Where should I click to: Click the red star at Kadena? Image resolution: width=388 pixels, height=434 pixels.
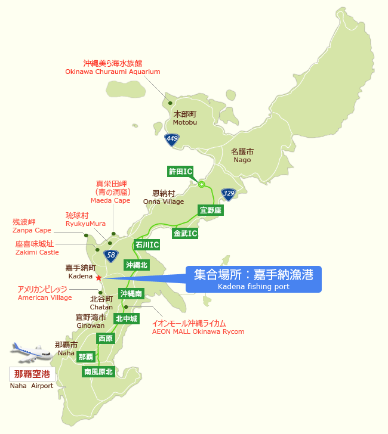coord(98,277)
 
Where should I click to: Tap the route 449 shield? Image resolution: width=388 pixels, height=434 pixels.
coord(172,139)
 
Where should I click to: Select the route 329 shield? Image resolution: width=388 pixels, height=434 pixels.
coord(228,193)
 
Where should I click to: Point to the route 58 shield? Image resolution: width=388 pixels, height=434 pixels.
coord(110,256)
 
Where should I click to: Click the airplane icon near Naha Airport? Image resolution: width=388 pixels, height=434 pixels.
coord(32,352)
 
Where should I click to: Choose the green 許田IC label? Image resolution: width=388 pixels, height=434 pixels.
coord(180,172)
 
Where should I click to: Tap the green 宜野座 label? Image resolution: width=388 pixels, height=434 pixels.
coord(211,210)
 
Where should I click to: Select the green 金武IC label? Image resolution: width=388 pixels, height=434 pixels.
coord(185,233)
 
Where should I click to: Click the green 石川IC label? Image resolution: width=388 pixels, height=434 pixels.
coord(147,244)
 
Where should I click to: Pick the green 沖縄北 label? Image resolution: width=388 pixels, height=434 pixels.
coord(136,264)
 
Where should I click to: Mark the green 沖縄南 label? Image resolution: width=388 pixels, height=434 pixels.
coord(131,294)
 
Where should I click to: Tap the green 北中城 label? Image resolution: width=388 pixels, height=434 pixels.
coord(126,319)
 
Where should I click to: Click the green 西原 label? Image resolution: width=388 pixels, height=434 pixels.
coord(106,338)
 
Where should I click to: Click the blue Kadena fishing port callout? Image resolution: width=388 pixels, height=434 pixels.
coord(254,279)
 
